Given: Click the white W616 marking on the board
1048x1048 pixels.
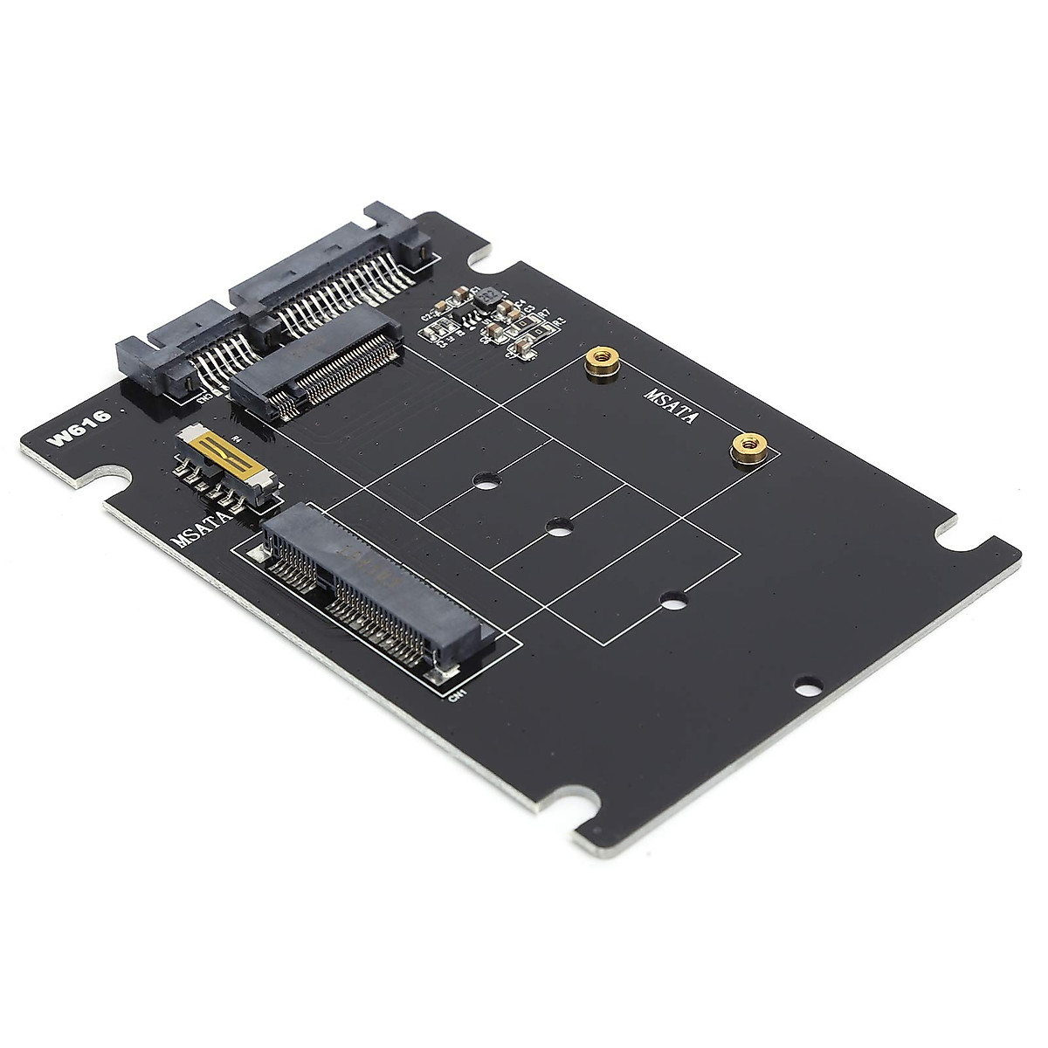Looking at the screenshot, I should point(79,429).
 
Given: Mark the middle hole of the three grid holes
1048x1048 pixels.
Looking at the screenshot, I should point(555,526).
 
